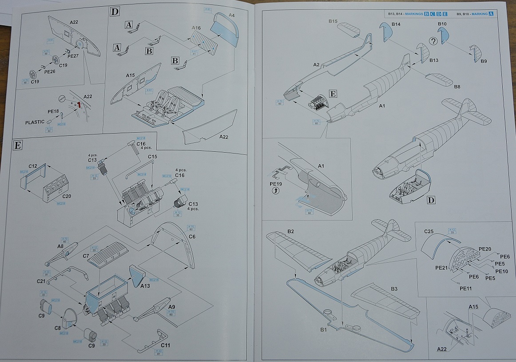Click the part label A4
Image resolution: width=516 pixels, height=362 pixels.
(231, 16)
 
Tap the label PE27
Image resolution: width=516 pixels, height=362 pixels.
(72, 56)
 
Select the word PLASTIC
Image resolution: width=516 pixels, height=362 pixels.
(35, 122)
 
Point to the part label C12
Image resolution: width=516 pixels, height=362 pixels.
(32, 165)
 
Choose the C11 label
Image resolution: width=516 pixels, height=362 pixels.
(166, 345)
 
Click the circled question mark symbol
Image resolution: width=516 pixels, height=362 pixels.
(433, 41)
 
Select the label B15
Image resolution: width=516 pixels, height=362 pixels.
(333, 21)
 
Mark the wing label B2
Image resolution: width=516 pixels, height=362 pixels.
(291, 232)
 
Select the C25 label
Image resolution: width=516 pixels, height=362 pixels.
(429, 231)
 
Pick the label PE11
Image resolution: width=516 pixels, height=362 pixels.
(466, 288)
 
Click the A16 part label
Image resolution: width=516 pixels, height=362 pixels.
(196, 28)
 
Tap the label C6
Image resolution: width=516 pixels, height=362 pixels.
(192, 237)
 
